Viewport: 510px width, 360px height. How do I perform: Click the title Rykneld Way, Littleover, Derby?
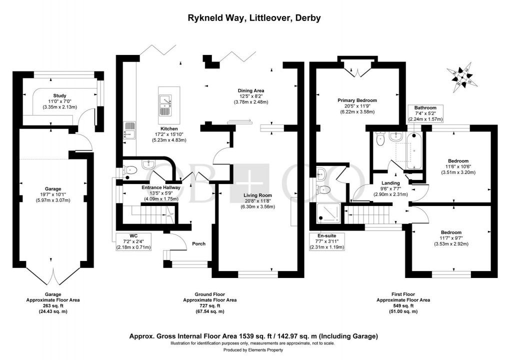pos(254,18)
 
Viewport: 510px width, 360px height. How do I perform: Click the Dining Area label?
pos(251,90)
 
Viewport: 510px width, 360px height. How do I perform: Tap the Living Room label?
pos(257,195)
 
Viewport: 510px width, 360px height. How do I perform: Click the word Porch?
pos(199,243)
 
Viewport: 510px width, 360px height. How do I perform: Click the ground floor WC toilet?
pos(129,170)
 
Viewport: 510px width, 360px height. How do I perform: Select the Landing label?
pos(390,183)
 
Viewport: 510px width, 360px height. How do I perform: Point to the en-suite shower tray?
pos(329,213)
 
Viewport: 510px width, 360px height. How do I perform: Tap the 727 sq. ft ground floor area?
pos(209,305)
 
